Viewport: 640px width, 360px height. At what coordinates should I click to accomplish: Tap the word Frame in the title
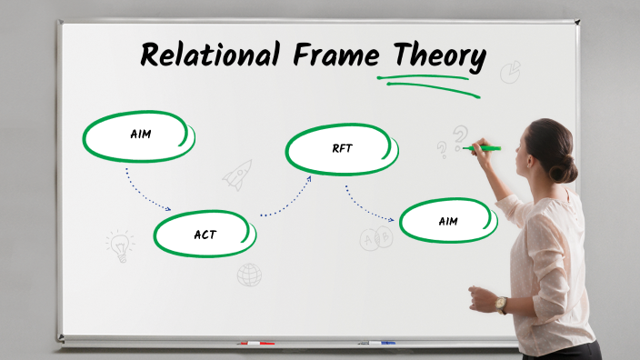point(331,55)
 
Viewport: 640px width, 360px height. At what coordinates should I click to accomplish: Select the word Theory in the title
point(433,57)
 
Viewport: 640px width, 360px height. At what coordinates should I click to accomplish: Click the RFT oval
point(342,149)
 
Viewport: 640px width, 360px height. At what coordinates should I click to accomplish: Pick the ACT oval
point(204,235)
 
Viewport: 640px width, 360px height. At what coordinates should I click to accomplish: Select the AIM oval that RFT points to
point(447,221)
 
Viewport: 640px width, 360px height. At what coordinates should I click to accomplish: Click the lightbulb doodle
point(119,245)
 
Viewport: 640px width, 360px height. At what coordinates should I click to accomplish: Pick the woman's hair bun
point(568,168)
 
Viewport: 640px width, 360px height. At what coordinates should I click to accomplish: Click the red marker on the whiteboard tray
point(255,344)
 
